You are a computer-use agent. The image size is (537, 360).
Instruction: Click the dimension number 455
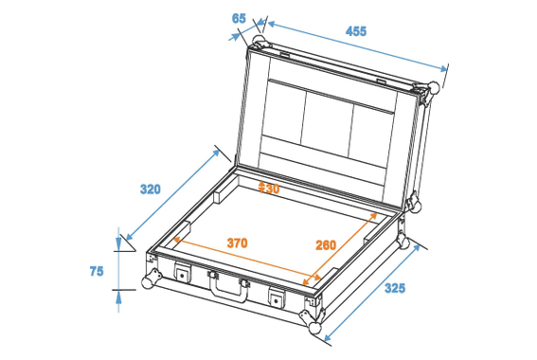pos(355,31)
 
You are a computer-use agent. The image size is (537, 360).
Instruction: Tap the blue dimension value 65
pos(239,18)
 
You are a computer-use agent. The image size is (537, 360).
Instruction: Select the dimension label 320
pos(150,189)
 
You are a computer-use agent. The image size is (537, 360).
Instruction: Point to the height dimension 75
pos(96,271)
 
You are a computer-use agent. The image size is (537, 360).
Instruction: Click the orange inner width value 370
pos(237,243)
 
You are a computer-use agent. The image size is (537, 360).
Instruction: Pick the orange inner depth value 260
pos(325,245)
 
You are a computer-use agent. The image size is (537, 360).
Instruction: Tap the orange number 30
pos(269,189)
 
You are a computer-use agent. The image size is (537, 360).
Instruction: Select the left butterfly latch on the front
pos(180,274)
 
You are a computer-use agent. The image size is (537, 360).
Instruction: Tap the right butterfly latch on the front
pos(277,297)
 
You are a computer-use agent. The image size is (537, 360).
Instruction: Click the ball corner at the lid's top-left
pos(259,43)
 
